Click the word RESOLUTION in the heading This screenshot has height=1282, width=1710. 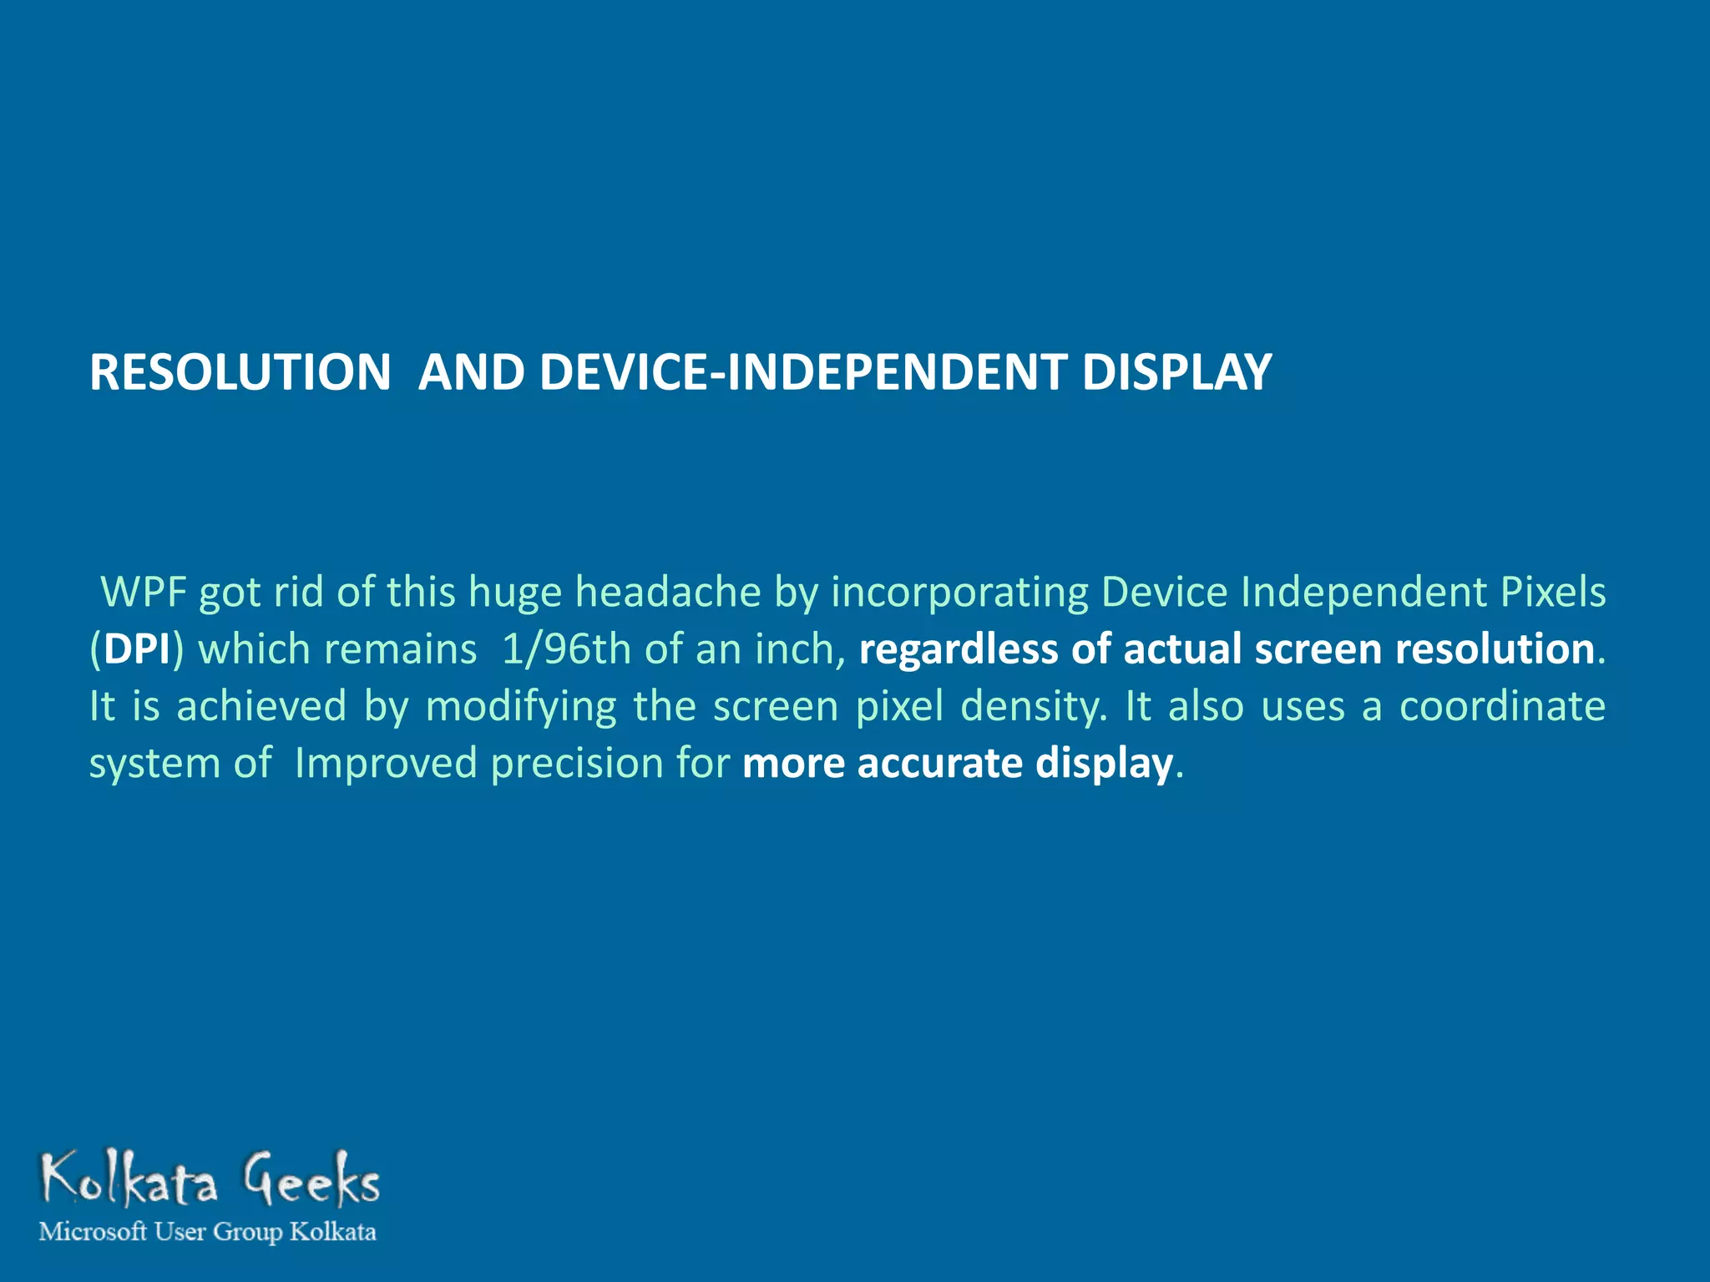[240, 372]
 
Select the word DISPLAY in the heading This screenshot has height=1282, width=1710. [1176, 372]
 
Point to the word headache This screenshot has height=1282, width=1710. [668, 593]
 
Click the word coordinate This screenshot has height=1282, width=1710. [1502, 707]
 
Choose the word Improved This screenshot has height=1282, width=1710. [385, 764]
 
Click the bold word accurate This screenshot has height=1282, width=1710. [939, 764]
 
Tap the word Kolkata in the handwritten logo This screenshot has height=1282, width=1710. [129, 1181]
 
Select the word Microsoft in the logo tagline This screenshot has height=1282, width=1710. [94, 1232]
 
